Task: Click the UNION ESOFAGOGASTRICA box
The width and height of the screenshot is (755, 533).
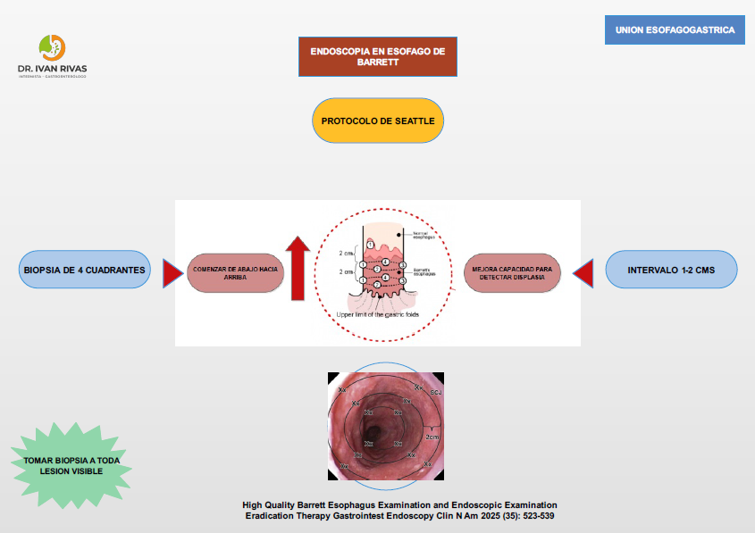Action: (x=675, y=30)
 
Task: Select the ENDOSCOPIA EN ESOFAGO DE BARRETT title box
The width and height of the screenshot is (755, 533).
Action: (x=377, y=57)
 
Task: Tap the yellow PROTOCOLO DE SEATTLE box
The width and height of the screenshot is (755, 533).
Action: (x=378, y=121)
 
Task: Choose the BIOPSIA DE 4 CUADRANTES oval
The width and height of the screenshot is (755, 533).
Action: (x=85, y=270)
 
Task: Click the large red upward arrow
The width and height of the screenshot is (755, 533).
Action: (x=298, y=267)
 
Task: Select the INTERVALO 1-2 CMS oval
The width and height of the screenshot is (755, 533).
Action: (x=672, y=269)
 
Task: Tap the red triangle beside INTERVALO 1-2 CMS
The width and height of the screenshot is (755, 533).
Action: (x=583, y=272)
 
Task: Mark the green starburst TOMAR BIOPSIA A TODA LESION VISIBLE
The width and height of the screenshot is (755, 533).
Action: (x=71, y=466)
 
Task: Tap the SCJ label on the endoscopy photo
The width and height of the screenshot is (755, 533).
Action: (x=435, y=392)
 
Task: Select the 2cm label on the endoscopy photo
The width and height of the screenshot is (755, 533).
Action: (x=432, y=437)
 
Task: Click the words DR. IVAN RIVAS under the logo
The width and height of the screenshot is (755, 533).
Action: (x=52, y=68)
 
